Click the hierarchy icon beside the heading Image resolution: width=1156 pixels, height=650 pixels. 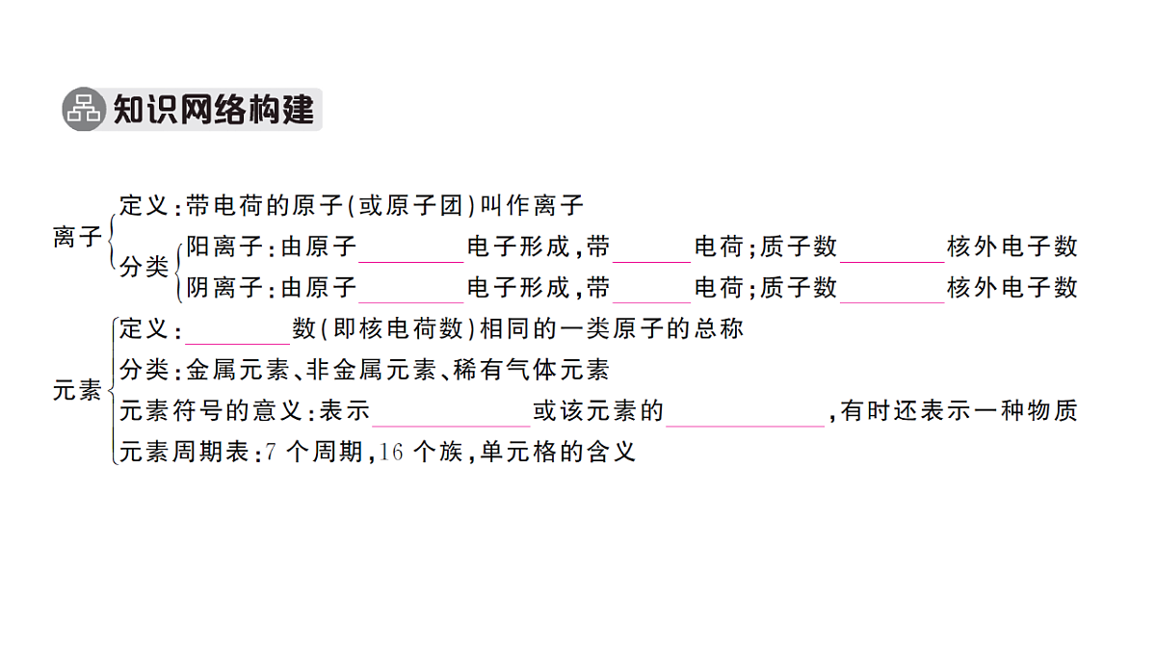point(84,109)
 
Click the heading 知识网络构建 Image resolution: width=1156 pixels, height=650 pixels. point(214,110)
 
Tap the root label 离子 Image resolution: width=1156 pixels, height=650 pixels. point(77,237)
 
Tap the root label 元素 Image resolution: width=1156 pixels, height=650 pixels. point(77,390)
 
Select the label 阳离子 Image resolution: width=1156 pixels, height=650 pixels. point(224,247)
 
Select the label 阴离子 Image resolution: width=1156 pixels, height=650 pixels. point(224,287)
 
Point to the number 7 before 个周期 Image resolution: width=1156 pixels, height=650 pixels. point(271,453)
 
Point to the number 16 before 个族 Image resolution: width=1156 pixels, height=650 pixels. point(391,453)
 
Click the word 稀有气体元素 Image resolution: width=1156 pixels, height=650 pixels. point(532,370)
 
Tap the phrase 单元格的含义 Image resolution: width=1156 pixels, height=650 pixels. point(558,452)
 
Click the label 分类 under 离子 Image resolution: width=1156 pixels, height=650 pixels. point(144,268)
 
